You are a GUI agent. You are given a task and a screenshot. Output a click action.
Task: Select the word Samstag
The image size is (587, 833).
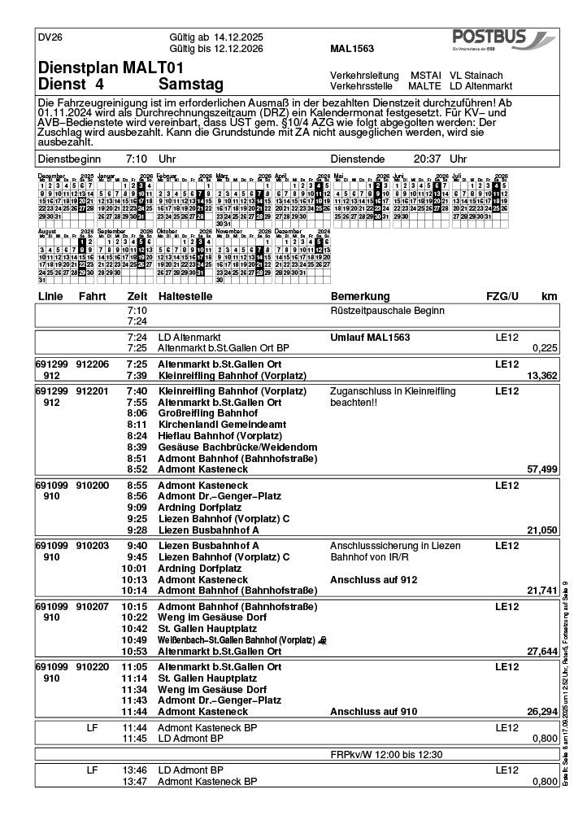191,85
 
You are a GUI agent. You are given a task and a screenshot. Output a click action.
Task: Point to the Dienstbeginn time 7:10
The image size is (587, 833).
137,159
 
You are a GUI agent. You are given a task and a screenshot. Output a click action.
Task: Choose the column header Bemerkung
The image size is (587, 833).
360,296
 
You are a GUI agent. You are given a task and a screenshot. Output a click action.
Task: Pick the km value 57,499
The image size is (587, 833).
542,469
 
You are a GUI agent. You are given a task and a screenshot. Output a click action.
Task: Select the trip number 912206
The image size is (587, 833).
93,364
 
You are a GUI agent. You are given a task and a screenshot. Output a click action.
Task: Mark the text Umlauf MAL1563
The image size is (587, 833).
370,337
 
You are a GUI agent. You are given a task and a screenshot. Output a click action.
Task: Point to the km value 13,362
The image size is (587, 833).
542,376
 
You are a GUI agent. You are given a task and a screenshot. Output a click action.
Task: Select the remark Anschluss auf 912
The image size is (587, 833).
368,579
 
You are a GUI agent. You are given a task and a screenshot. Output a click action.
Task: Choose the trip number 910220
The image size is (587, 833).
93,666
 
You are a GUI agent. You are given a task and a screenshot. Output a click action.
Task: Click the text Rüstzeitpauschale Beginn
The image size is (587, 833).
386,311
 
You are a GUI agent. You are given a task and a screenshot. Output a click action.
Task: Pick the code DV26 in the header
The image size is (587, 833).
50,37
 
